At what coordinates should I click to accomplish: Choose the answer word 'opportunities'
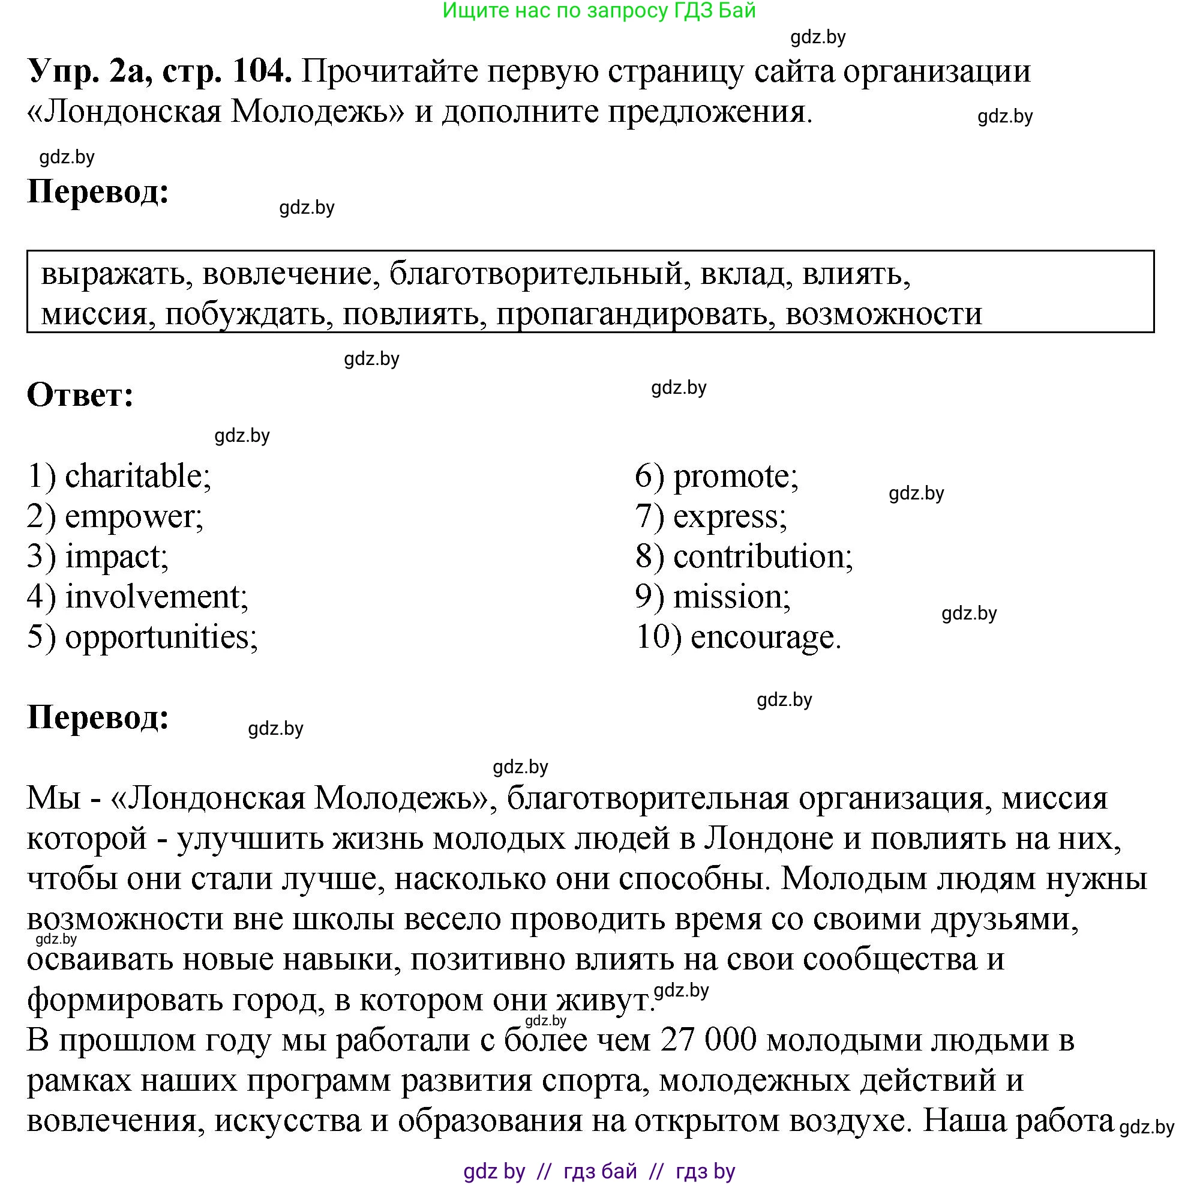click(160, 638)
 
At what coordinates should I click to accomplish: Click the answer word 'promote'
click(735, 477)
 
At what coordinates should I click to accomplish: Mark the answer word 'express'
click(728, 517)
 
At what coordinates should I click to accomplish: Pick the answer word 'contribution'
click(762, 556)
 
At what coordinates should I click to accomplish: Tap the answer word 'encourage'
click(764, 638)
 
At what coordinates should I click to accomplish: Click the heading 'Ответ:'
click(80, 395)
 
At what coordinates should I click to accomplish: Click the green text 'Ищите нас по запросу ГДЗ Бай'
click(599, 11)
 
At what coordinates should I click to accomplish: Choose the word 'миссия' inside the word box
click(97, 314)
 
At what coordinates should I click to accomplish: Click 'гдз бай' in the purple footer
click(600, 1171)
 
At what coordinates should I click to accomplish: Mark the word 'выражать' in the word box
click(113, 273)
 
